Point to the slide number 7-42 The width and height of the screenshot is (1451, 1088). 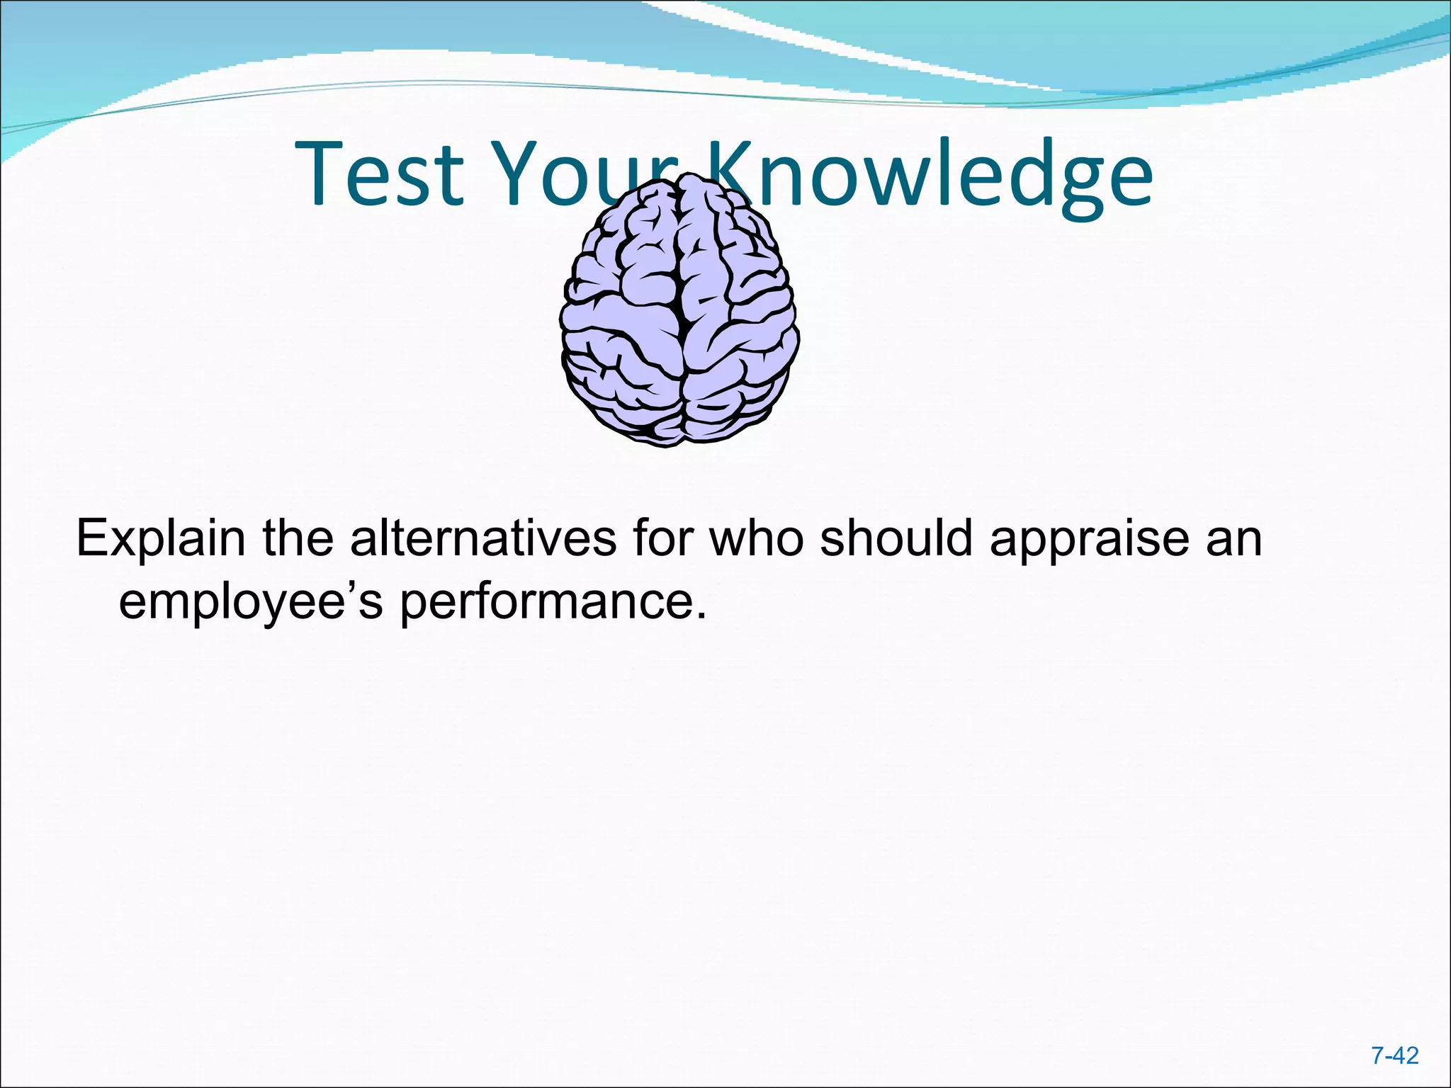click(1394, 1056)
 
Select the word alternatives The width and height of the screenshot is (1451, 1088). click(483, 538)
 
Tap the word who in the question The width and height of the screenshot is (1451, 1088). click(757, 538)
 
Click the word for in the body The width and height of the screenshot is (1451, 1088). click(664, 538)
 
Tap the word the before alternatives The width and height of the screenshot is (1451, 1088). click(298, 538)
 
